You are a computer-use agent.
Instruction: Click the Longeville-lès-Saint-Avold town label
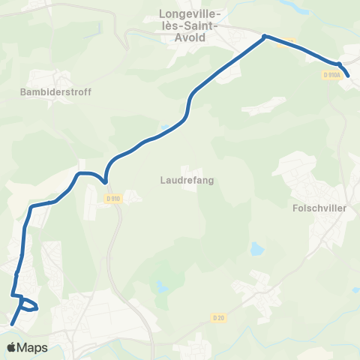(x=190, y=22)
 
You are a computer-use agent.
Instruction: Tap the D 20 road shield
(x=218, y=318)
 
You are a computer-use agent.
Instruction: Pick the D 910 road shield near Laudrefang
(x=112, y=199)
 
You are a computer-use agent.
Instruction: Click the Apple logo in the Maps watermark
(x=13, y=347)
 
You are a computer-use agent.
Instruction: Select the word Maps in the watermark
(x=34, y=348)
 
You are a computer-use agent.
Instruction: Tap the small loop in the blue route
(x=28, y=305)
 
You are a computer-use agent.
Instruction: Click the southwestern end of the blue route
(x=13, y=324)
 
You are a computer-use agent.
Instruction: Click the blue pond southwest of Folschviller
(x=257, y=247)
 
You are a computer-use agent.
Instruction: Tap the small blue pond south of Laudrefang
(x=161, y=286)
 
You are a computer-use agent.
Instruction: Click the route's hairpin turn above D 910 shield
(x=106, y=181)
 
